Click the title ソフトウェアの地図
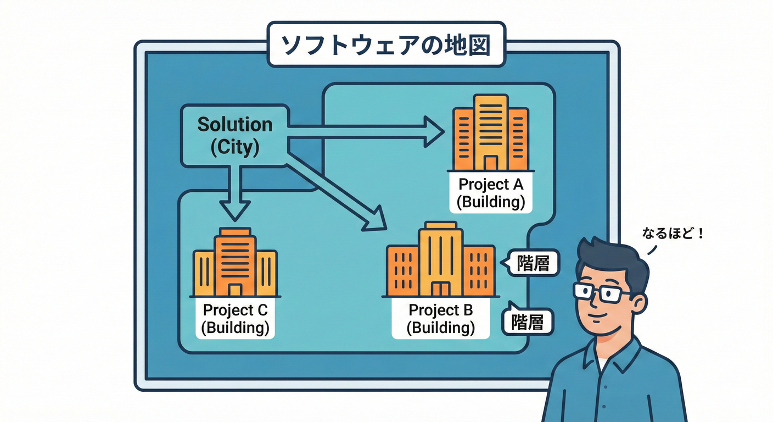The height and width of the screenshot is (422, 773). [x=385, y=45]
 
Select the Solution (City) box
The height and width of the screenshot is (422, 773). [x=234, y=136]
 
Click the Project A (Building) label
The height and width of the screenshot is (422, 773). [x=491, y=193]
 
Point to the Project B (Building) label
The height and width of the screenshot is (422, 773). [x=440, y=319]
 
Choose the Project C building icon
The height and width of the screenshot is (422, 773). [x=235, y=263]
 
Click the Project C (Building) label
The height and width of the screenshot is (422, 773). [x=235, y=319]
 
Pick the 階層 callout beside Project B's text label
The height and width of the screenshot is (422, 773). [x=529, y=321]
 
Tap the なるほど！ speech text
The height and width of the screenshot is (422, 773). [x=673, y=234]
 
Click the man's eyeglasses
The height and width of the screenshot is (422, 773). [x=603, y=291]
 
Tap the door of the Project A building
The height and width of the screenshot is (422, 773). [x=490, y=163]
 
